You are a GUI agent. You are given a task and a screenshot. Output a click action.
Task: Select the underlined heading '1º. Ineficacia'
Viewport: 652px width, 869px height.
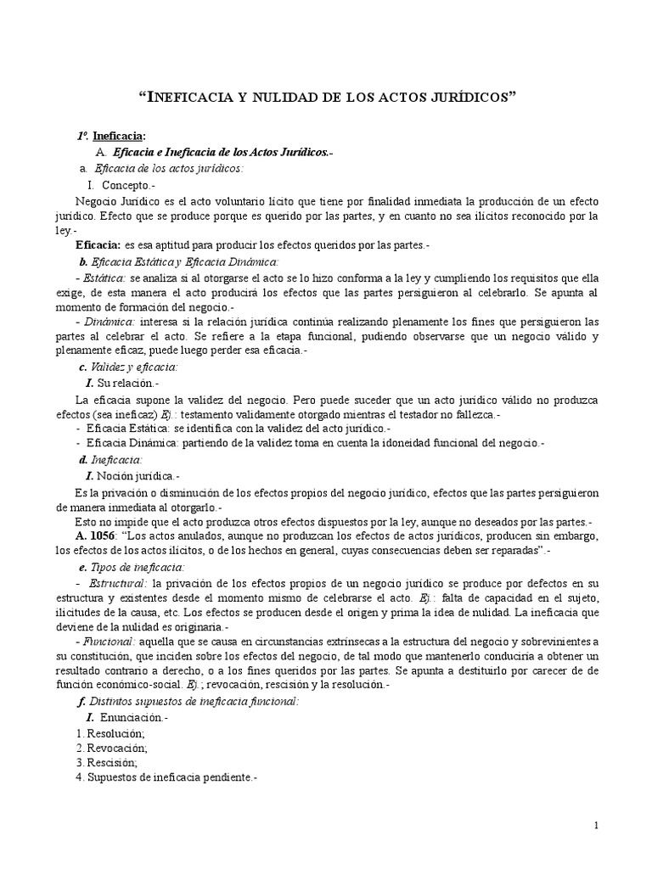[111, 136]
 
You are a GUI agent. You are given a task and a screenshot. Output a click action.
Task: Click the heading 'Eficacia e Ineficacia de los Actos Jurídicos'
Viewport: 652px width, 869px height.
[223, 152]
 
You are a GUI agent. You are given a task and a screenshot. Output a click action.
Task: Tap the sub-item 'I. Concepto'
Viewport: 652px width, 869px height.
[122, 184]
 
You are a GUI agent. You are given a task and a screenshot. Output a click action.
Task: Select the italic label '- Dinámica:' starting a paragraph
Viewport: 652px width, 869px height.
[105, 322]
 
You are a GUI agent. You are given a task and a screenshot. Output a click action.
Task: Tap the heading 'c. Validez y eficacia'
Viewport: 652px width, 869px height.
[127, 367]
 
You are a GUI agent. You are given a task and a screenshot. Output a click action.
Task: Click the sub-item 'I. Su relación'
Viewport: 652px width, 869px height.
[122, 384]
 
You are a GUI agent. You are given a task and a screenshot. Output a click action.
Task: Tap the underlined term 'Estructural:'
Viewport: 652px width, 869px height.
[118, 583]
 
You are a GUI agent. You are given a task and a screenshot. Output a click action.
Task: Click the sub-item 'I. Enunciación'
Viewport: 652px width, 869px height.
[128, 718]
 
